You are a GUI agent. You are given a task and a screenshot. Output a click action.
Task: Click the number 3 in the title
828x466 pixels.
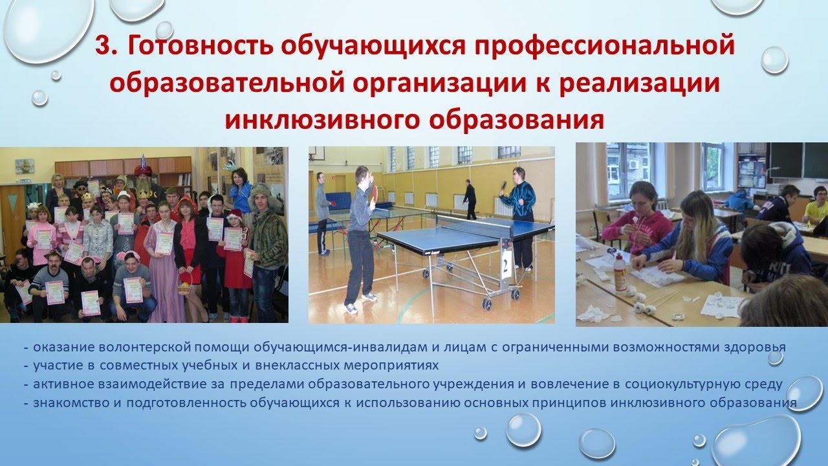(x=103, y=47)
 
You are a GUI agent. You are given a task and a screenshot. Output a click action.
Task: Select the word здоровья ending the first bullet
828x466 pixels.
(x=755, y=348)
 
